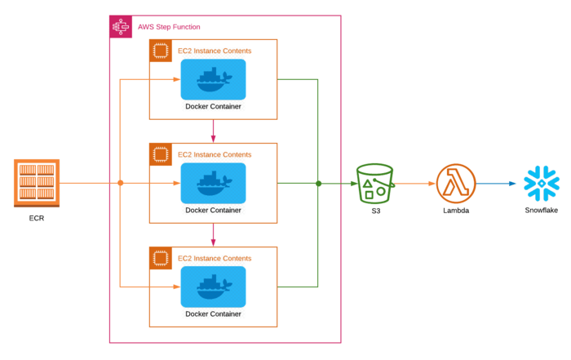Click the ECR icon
click(x=36, y=183)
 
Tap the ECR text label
click(x=36, y=218)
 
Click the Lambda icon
click(x=456, y=184)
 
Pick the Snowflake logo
click(x=541, y=184)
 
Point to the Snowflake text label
click(x=541, y=211)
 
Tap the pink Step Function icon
click(x=121, y=26)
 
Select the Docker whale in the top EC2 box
click(x=213, y=79)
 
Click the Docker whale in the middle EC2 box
click(x=213, y=183)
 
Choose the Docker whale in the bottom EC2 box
click(x=213, y=287)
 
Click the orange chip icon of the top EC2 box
click(x=160, y=51)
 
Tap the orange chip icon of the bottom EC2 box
click(x=160, y=258)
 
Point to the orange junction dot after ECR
click(x=121, y=183)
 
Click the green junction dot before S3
click(x=318, y=183)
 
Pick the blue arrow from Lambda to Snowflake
click(x=498, y=184)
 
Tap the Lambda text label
click(x=456, y=211)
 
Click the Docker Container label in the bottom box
click(x=213, y=313)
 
